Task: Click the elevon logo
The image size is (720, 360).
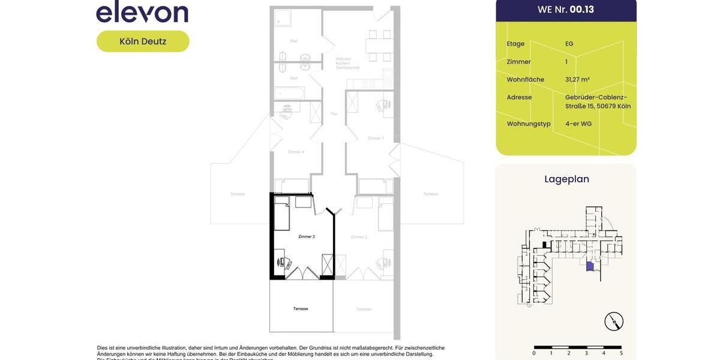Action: point(142,12)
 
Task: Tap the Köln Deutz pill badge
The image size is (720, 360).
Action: point(143,41)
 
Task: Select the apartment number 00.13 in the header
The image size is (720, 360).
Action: point(581,10)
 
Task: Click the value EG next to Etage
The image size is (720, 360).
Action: point(569,44)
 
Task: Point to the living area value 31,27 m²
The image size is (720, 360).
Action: point(577,79)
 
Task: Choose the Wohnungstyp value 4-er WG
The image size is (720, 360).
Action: point(578,124)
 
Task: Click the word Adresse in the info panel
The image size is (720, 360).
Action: point(519,97)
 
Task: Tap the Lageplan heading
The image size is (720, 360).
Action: point(566,179)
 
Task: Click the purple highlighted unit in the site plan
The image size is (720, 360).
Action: point(590,266)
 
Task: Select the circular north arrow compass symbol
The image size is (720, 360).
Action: point(614,322)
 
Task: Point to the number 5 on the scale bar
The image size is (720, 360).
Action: point(621,353)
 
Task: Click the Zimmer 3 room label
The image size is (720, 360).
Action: point(306,237)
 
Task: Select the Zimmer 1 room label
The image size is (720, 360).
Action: point(375,139)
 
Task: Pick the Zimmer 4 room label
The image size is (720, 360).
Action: point(296,152)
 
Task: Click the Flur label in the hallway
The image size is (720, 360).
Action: point(334,113)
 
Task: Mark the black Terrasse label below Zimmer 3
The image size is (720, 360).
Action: point(301,309)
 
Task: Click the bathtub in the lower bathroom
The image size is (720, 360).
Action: point(290,93)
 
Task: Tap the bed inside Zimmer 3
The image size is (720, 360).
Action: point(282,216)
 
